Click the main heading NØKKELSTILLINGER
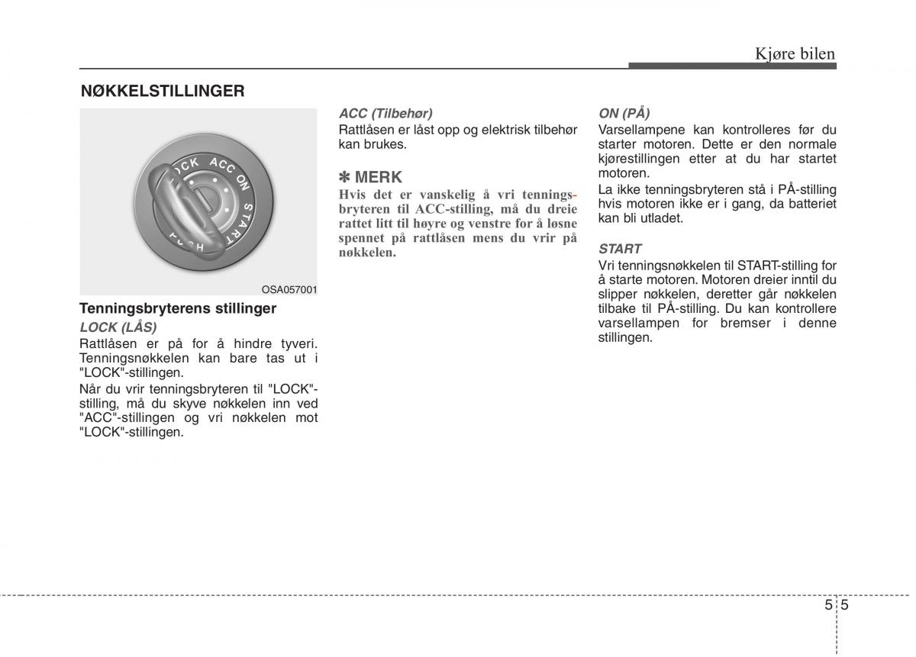click(163, 92)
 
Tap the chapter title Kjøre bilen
click(795, 53)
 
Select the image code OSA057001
click(289, 290)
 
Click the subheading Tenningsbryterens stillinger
click(178, 309)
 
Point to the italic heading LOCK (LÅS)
click(118, 327)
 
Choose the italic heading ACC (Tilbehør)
click(385, 113)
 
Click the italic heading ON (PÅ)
click(624, 113)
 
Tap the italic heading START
click(620, 249)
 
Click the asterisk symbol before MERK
click(345, 178)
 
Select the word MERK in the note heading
click(379, 178)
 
